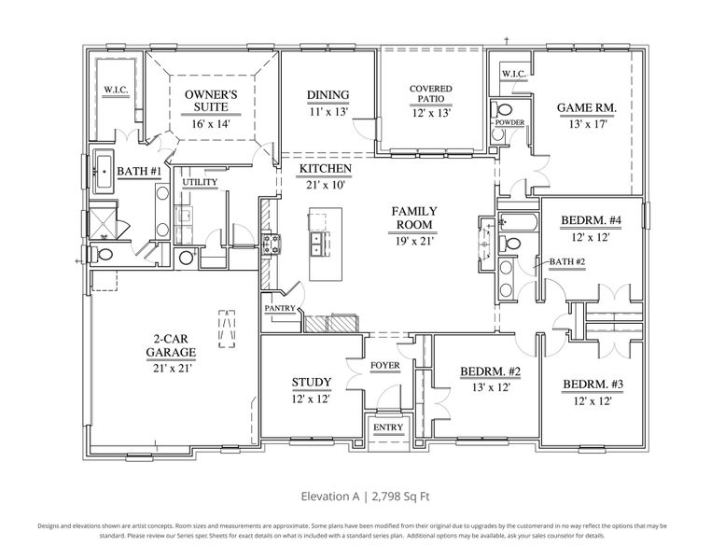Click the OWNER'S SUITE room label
[211, 101]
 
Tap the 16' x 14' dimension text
[211, 124]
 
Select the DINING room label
[328, 94]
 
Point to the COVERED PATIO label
[431, 95]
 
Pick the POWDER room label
[509, 122]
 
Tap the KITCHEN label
[325, 169]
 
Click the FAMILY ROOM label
[413, 218]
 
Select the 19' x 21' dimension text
[413, 242]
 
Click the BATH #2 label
[566, 261]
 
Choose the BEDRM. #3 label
[592, 385]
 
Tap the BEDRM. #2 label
[490, 372]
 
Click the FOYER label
[385, 365]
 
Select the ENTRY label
[387, 427]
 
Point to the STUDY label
[311, 382]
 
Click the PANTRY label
[280, 307]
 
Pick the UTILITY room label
[200, 182]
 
